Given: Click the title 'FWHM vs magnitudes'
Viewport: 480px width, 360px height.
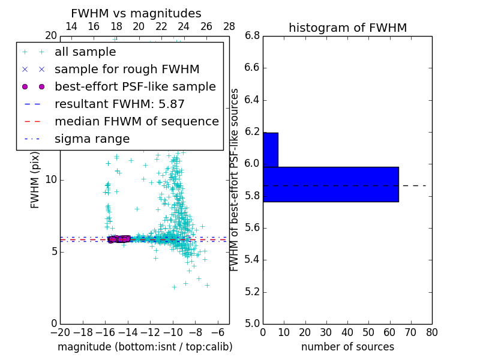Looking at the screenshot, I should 136,14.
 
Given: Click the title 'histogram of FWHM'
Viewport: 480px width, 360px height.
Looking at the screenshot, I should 347,28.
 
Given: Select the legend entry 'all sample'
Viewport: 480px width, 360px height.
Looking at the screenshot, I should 85,52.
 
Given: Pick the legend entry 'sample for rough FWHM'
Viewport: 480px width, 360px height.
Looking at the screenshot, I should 127,70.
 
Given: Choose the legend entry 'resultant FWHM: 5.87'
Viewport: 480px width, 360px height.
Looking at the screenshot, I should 119,104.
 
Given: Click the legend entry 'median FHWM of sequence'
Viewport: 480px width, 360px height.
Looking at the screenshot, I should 136,122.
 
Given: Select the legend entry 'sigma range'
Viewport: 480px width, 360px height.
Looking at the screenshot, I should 92,139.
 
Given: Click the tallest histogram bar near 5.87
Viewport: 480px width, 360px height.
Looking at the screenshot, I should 331,184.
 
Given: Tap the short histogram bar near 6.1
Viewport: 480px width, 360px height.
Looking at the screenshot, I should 270,149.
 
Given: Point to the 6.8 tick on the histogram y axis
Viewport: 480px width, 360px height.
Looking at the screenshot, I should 252,36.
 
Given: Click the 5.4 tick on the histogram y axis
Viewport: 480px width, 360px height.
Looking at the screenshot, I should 252,260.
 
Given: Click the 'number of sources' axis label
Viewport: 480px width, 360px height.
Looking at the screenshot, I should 347,347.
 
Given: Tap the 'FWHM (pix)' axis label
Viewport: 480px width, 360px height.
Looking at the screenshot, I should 35,180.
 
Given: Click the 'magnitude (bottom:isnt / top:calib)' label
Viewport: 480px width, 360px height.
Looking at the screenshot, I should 145,347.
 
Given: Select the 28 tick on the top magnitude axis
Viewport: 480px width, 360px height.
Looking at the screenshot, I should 229,27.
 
